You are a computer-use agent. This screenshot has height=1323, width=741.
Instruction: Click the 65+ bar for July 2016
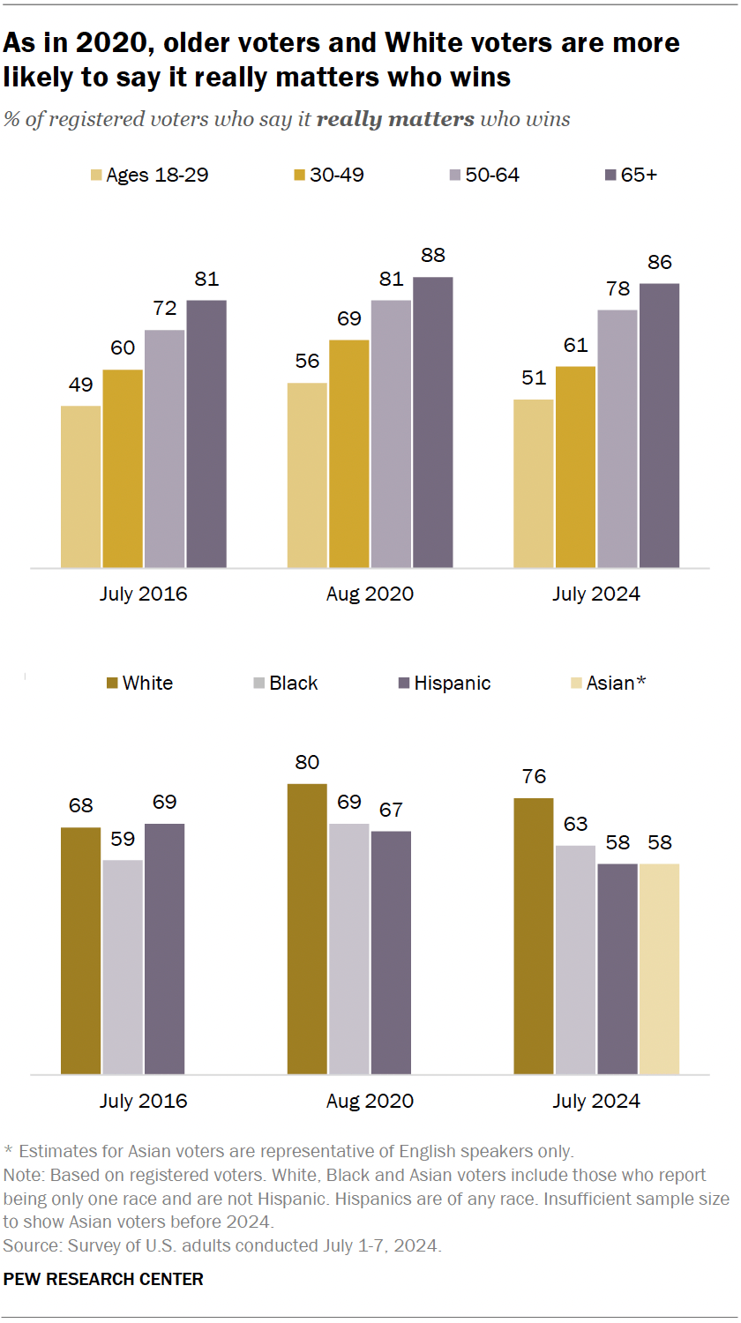tap(206, 433)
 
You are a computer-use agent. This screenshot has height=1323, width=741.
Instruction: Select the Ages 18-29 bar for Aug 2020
tap(307, 475)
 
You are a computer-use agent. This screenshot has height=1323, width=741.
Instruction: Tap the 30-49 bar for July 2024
tap(576, 467)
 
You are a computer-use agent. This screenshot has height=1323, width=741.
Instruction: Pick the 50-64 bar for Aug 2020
tap(391, 433)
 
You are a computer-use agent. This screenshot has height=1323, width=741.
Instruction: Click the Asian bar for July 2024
tap(660, 968)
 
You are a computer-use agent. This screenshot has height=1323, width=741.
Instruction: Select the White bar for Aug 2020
tap(307, 929)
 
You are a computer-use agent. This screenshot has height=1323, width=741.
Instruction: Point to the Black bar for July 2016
tap(123, 967)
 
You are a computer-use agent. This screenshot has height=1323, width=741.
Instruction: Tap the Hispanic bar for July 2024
tap(617, 968)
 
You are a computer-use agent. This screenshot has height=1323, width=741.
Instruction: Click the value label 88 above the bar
tap(433, 256)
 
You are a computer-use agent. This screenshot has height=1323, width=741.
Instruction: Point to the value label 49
tap(80, 385)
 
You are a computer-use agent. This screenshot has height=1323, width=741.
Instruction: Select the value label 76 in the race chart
tap(534, 777)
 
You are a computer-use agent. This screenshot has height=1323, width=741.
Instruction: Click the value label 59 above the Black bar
tap(123, 839)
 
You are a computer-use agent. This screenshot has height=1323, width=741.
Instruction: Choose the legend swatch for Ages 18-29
tap(95, 175)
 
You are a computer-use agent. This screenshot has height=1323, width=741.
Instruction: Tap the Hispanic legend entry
tap(441, 683)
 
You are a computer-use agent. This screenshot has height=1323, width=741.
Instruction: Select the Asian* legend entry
tap(609, 683)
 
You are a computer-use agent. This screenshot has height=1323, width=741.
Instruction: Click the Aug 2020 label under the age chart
tap(370, 594)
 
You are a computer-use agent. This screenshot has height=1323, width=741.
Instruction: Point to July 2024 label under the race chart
tap(596, 1101)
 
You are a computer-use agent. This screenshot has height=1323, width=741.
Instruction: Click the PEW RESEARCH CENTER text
tap(103, 1279)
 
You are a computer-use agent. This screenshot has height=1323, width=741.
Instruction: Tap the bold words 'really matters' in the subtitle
tap(395, 119)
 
